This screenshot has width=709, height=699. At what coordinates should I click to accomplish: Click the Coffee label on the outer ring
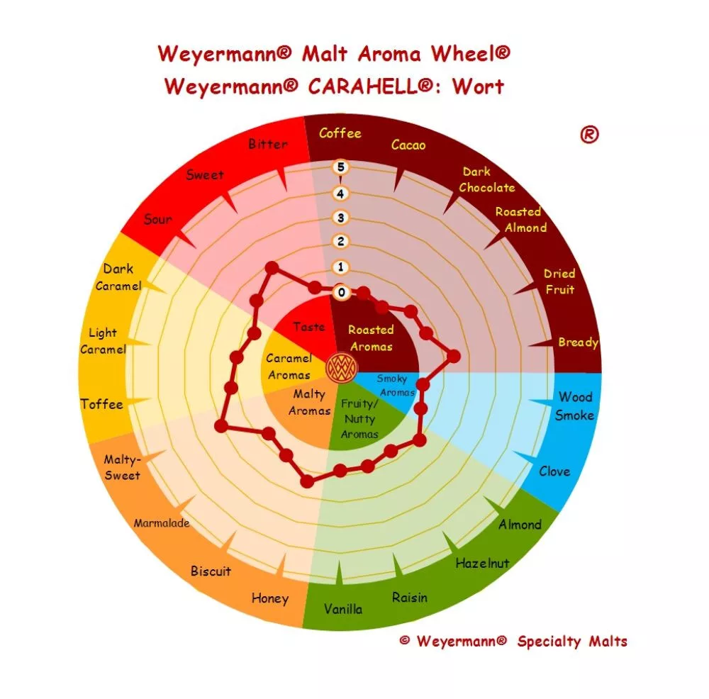(340, 133)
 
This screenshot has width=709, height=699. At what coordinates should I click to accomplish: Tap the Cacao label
(408, 145)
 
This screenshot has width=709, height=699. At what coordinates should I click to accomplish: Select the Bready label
(579, 342)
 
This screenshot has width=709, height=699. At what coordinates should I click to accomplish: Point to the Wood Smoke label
(575, 406)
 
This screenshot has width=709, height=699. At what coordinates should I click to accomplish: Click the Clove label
(554, 471)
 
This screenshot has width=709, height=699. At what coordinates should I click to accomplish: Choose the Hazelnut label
(482, 564)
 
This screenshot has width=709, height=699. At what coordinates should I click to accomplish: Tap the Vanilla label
(343, 609)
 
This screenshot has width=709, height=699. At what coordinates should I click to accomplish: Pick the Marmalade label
(162, 524)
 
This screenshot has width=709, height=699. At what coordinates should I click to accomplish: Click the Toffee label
(101, 404)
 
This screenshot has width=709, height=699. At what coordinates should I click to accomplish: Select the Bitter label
(268, 144)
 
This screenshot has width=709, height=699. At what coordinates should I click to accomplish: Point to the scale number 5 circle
(340, 167)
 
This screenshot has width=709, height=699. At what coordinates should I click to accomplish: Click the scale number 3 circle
(340, 218)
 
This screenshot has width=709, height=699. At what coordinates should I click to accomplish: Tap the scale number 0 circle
(341, 292)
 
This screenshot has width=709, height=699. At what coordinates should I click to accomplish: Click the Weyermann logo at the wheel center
(342, 368)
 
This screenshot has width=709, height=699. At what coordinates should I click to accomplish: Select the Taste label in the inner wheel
(309, 327)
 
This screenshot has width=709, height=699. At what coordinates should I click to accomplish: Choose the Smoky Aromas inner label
(395, 385)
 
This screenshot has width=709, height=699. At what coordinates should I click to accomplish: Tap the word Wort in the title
(478, 86)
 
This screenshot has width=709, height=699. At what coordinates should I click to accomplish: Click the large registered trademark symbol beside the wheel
(589, 134)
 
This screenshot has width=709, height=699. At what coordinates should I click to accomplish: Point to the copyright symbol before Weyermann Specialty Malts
(405, 640)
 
